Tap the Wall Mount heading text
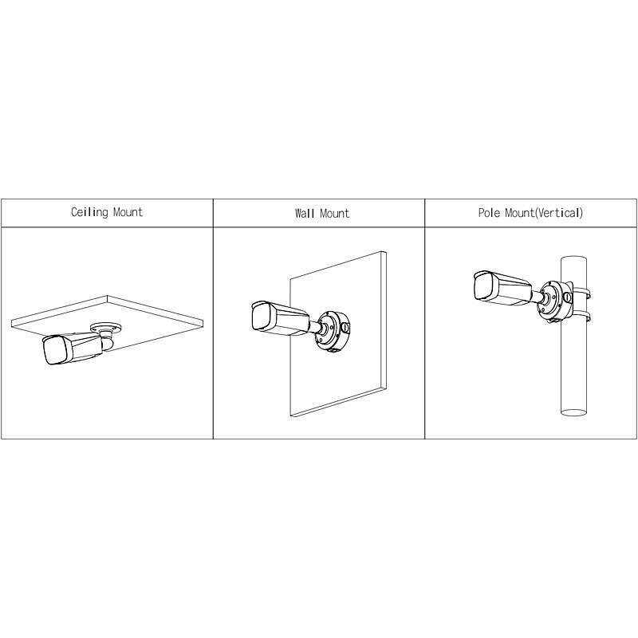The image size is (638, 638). pos(321,214)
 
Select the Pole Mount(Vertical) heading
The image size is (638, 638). pos(530,213)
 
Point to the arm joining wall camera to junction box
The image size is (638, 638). pos(317,326)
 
